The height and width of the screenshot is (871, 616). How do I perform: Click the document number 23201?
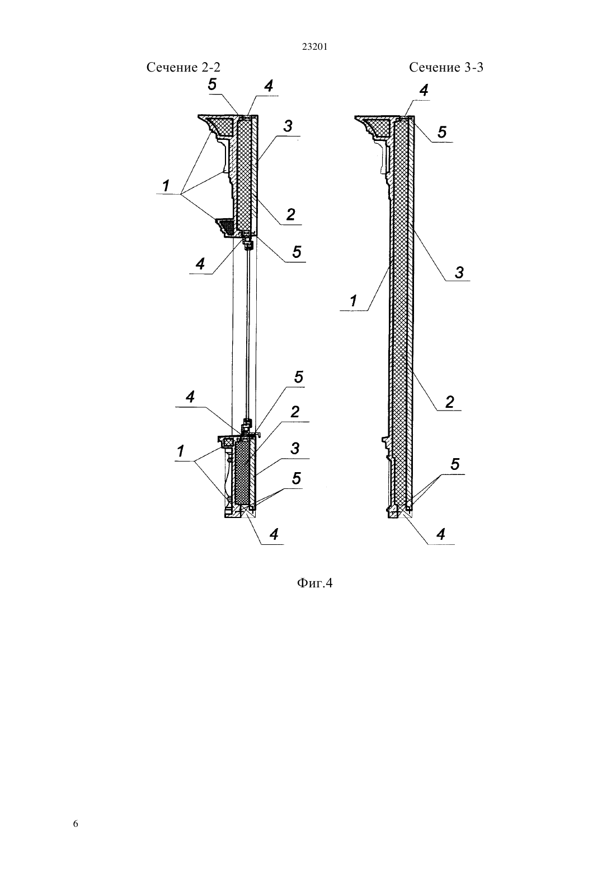coord(314,47)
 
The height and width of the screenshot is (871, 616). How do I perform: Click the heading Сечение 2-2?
coord(183,67)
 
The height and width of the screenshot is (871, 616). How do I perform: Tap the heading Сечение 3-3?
coord(446,67)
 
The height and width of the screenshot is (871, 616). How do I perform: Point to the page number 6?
coord(76,823)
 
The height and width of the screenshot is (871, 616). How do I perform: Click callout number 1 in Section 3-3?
coord(353,301)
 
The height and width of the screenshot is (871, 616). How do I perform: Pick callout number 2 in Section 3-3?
coord(450,402)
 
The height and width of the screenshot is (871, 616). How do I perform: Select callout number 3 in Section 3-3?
coord(459,272)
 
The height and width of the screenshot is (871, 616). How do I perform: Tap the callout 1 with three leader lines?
coord(166,186)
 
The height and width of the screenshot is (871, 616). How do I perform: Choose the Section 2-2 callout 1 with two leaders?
coord(180,451)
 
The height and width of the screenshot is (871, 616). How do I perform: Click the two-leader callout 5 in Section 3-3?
coord(455,464)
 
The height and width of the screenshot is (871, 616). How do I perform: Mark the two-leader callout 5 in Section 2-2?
coord(297,478)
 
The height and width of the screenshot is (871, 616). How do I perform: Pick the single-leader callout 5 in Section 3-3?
coord(442,132)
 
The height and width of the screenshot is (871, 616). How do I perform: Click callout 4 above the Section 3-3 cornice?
coord(424,90)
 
